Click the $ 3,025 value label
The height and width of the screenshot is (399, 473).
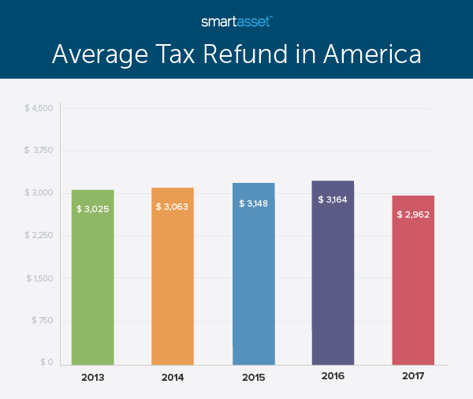[x=93, y=209]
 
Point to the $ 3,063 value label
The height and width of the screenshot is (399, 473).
[x=173, y=207]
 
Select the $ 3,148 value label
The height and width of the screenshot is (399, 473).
[x=254, y=203]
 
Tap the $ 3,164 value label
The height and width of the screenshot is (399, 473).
[x=333, y=199]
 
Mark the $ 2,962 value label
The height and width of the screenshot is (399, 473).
[x=414, y=214]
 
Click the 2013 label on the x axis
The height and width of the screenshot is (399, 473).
[x=92, y=378]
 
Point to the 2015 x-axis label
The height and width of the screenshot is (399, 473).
[x=253, y=378]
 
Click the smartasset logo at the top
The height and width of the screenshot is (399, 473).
[x=236, y=21]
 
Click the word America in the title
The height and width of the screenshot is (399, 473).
[x=365, y=54]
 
